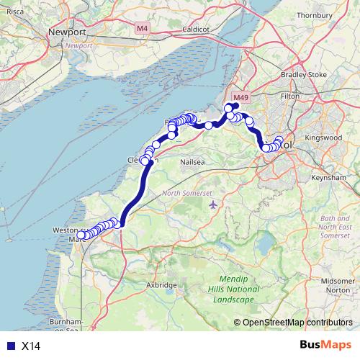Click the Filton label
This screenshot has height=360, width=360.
coord(289,95)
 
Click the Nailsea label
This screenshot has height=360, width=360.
coord(193,163)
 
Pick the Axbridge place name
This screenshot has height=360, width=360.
coord(161,285)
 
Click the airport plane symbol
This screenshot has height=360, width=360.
coord(213,205)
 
